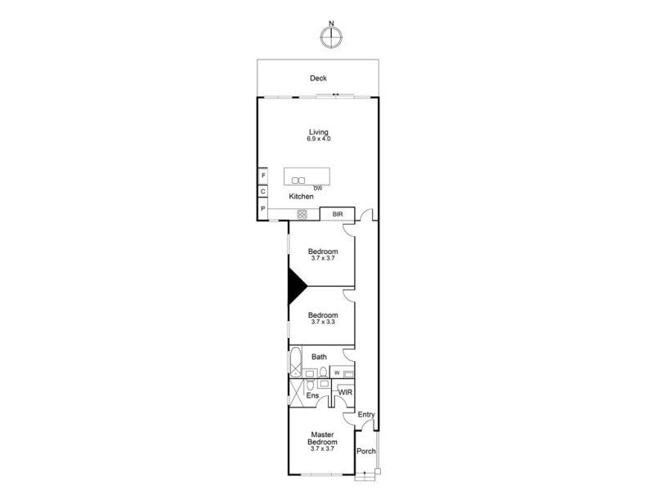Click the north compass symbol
click(x=332, y=36)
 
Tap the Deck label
click(x=318, y=78)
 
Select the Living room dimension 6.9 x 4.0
click(x=319, y=139)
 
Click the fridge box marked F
click(x=263, y=176)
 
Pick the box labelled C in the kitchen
click(x=262, y=192)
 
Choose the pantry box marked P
click(x=262, y=208)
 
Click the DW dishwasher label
click(x=318, y=189)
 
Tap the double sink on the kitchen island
click(x=298, y=180)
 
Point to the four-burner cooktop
click(x=302, y=215)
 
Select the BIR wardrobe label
click(x=338, y=214)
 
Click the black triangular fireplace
click(x=298, y=287)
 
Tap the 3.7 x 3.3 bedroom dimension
click(x=323, y=322)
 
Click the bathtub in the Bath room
click(x=296, y=362)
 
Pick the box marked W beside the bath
click(x=337, y=373)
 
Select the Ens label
click(x=312, y=395)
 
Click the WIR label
click(x=345, y=392)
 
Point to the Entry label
click(x=366, y=415)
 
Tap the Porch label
click(x=365, y=452)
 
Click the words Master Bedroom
click(x=323, y=439)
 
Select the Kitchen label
click(x=301, y=196)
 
